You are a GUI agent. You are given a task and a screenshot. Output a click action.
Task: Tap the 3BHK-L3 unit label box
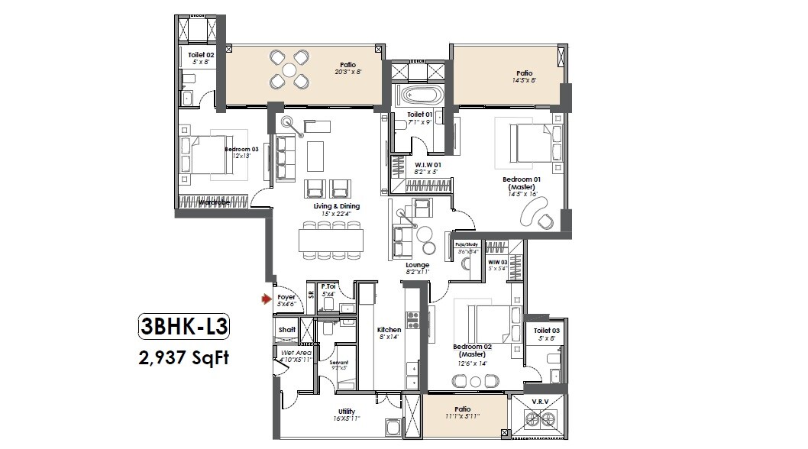tap(183, 327)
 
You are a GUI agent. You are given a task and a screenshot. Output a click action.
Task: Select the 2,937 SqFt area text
tap(183, 356)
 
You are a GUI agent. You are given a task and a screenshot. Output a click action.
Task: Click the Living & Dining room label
tap(336, 206)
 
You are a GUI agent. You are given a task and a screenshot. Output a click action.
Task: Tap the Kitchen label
tap(389, 330)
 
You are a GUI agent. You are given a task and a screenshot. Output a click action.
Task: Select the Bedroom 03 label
tap(241, 150)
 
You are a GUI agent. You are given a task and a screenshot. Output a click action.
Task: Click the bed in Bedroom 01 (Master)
tap(531, 143)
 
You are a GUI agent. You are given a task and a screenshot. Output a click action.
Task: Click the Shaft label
tap(287, 329)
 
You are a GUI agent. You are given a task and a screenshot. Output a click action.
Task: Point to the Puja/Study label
tap(467, 246)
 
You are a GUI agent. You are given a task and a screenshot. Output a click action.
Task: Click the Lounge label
tap(417, 265)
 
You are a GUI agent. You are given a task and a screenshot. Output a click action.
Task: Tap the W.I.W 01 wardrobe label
tap(428, 164)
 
